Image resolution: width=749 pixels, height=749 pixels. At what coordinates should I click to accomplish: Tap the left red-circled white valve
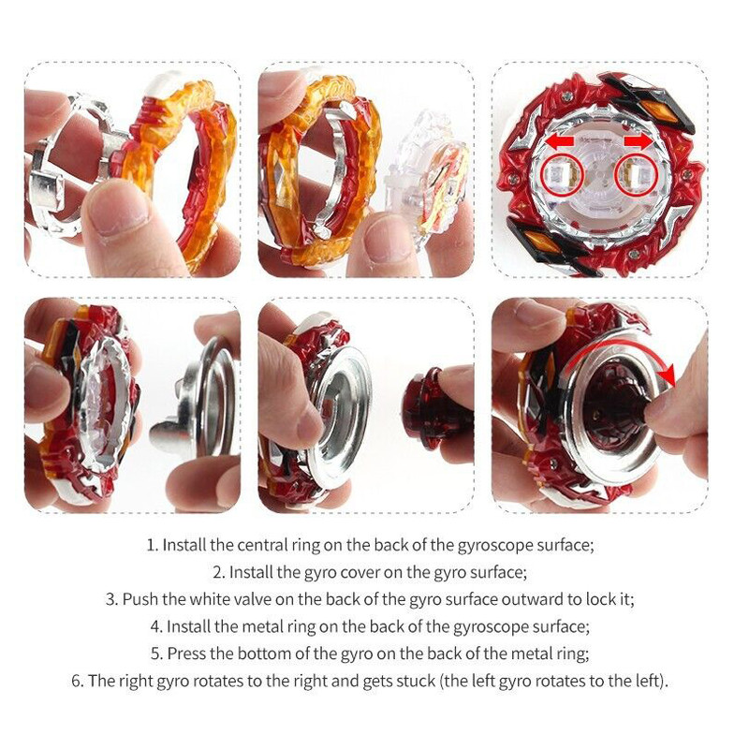563,174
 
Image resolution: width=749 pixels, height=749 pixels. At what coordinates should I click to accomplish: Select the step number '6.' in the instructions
78,681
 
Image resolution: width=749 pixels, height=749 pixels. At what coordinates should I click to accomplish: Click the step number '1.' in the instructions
153,545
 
